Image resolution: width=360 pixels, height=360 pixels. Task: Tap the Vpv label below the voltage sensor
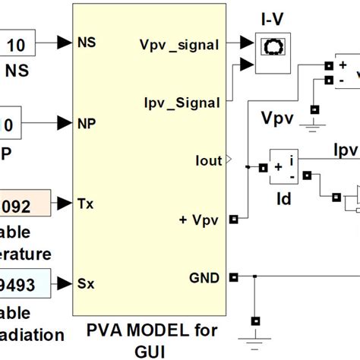coord(278,119)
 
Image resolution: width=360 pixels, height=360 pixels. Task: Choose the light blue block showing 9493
coord(23,284)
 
